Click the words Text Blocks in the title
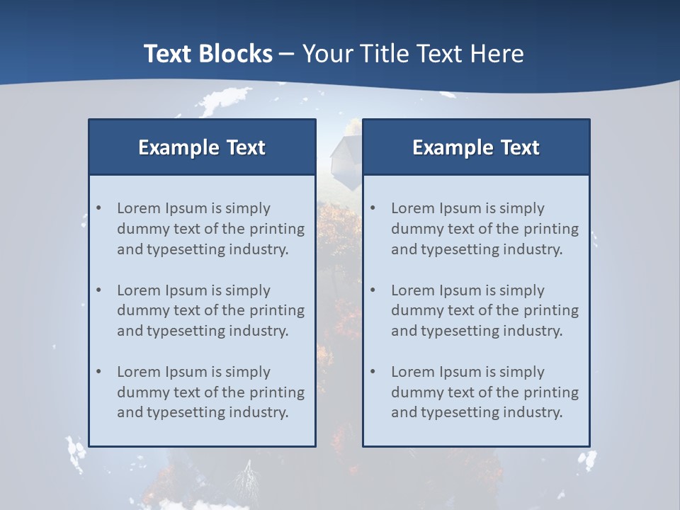208,54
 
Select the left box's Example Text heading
202,147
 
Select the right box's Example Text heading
476,147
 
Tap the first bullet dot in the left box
99,208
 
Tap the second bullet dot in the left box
99,290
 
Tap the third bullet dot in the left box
99,372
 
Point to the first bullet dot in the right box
373,208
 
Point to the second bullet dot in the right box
373,290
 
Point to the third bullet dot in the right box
373,372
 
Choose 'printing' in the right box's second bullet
552,310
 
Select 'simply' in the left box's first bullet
248,209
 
